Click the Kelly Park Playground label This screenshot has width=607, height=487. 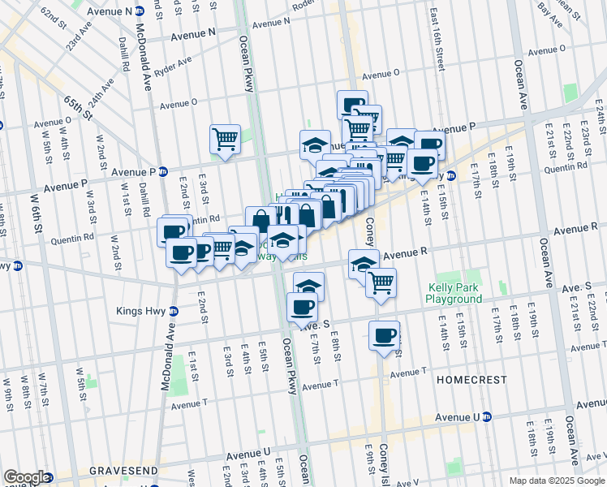point(454,293)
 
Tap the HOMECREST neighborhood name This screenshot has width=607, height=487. point(471,380)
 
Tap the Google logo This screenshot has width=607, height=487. point(27,477)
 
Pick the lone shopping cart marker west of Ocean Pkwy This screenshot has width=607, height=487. point(225,138)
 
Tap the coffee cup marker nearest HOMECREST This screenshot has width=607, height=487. point(385,335)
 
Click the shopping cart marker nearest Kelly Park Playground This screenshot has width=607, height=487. point(381,282)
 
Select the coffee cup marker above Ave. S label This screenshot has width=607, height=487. point(303,307)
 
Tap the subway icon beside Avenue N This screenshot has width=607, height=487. point(140,11)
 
